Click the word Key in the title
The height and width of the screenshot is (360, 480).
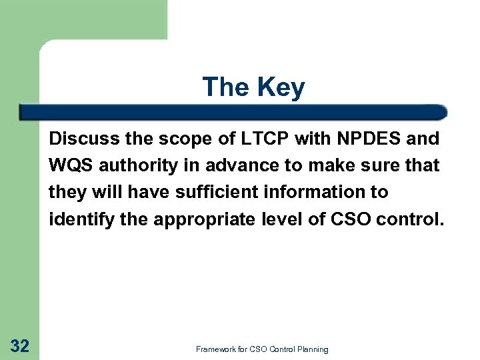pyautogui.click(x=282, y=87)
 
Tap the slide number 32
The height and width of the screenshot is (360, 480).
pyautogui.click(x=20, y=345)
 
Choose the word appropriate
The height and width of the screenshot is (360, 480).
pyautogui.click(x=211, y=219)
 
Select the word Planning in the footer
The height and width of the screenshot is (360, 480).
pyautogui.click(x=311, y=349)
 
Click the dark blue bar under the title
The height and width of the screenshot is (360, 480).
pyautogui.click(x=233, y=112)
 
